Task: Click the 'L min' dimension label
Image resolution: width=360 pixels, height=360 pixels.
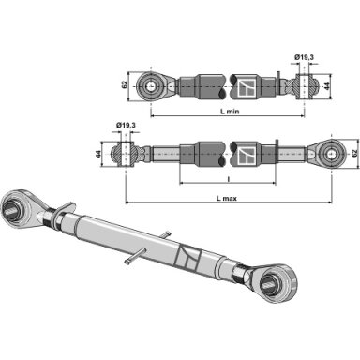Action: click(x=230, y=112)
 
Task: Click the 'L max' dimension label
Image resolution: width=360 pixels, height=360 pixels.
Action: click(x=227, y=198)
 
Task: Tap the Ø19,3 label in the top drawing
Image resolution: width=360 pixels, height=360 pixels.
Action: click(x=304, y=57)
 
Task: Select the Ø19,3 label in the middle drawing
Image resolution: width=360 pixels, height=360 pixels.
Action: click(x=126, y=125)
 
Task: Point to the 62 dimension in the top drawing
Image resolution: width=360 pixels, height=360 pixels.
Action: click(x=124, y=84)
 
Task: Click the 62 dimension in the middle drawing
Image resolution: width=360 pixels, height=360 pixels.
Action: click(x=354, y=154)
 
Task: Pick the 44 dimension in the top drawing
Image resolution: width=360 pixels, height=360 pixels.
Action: click(x=327, y=86)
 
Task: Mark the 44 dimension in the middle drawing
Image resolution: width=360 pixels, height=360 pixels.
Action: click(x=98, y=154)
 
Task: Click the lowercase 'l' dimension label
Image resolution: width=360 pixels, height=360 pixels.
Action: click(x=229, y=179)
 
